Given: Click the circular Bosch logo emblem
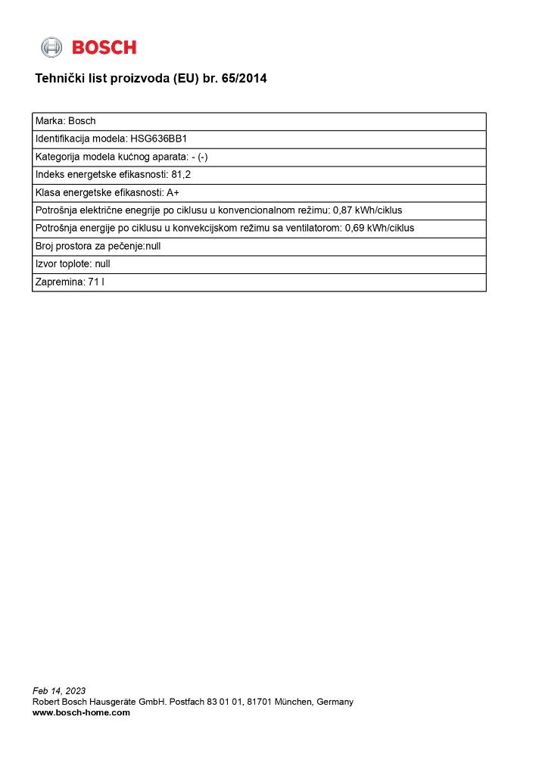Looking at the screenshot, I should (x=51, y=47).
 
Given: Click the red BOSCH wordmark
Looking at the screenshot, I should (x=104, y=48).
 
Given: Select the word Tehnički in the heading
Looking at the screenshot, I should (x=60, y=78).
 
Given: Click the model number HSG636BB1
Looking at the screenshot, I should (x=158, y=139).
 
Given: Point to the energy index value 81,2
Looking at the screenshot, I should (x=181, y=175).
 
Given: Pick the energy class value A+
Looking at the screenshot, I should (x=173, y=193).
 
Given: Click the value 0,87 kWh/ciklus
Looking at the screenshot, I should (x=367, y=210).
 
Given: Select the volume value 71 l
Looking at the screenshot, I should (x=96, y=282).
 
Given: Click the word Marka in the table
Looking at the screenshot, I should (x=48, y=121).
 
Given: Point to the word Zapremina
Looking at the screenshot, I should (x=59, y=282).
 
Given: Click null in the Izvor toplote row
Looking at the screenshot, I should (x=103, y=264).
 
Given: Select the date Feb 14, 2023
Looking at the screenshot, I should (x=59, y=690).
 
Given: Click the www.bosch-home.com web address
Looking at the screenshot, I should (x=81, y=712).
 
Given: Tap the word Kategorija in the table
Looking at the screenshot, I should (x=57, y=157).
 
